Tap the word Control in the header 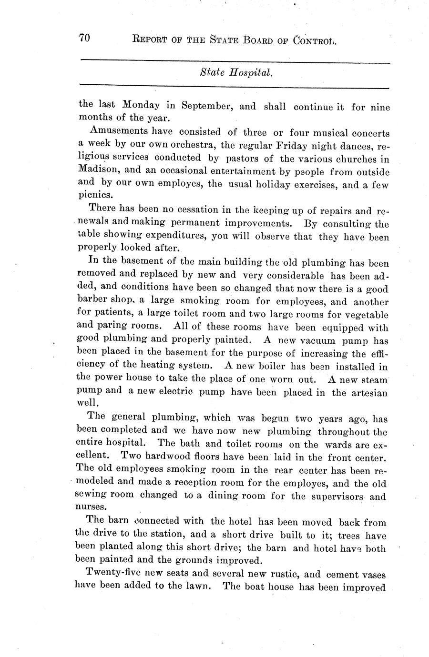[315, 41]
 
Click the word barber [92, 301]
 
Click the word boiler [268, 367]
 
